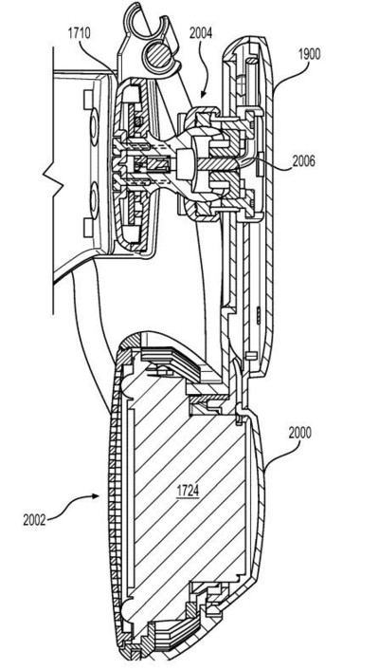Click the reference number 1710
(x=79, y=33)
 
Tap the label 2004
(x=201, y=33)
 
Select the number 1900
(x=310, y=55)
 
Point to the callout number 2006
(x=303, y=161)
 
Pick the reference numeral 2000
(x=300, y=433)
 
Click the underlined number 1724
(x=188, y=491)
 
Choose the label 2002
(x=34, y=520)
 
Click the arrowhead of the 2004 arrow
(x=204, y=95)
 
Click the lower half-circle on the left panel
(x=94, y=199)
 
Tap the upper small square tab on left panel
(x=88, y=95)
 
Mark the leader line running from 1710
(x=95, y=56)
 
